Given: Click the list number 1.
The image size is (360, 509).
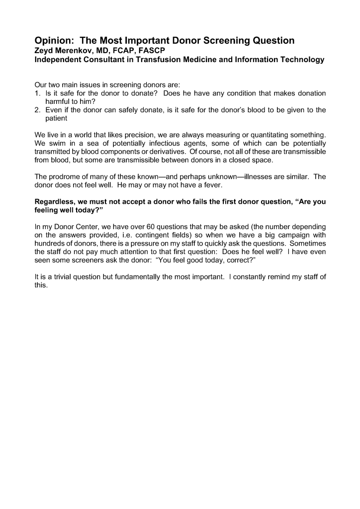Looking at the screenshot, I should click(37, 93).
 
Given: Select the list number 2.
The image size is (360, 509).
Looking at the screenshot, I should click(37, 110).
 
